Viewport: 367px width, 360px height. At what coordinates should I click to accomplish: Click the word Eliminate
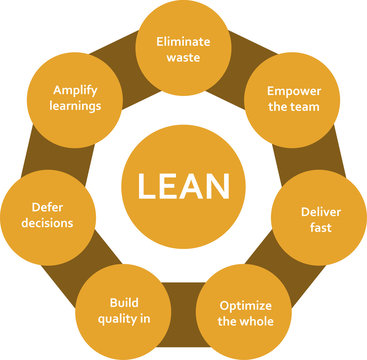(x=182, y=41)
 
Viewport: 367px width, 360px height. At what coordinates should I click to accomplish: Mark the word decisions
(x=47, y=224)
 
